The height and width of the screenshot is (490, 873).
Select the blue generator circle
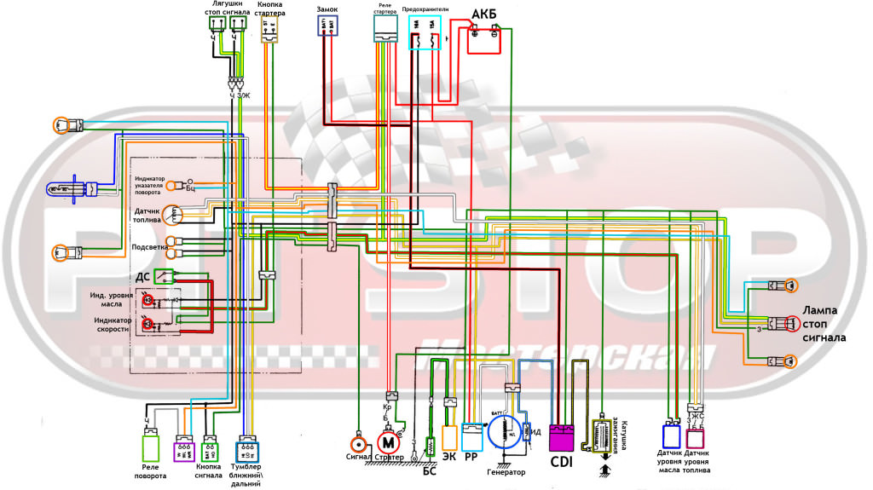509,431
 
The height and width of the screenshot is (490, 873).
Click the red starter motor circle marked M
389,441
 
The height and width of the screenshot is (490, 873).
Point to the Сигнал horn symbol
359,444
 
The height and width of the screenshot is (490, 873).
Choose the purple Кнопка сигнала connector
184,449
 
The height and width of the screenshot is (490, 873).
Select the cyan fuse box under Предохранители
425,33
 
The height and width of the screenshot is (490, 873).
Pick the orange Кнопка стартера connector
271,30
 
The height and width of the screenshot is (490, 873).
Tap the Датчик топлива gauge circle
173,215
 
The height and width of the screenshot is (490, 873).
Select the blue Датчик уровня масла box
670,436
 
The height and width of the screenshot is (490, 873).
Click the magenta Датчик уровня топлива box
696,438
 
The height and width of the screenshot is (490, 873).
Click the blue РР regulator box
471,435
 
